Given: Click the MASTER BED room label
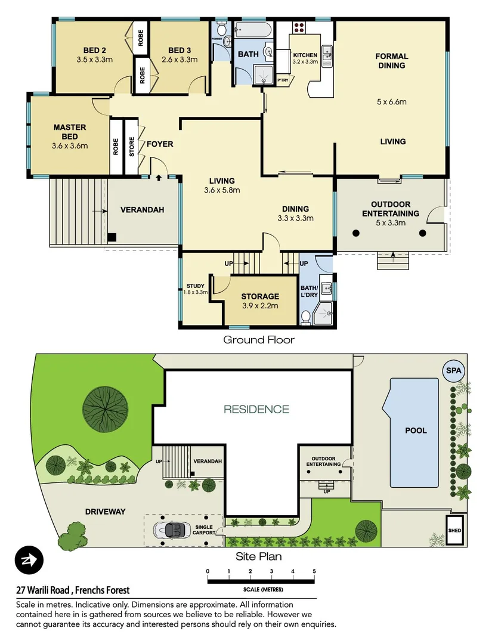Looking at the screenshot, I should [70, 127].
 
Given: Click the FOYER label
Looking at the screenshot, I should [160, 144].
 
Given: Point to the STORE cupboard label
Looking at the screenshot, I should [132, 147].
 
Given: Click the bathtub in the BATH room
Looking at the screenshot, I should [253, 30].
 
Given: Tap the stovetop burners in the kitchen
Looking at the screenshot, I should [298, 27].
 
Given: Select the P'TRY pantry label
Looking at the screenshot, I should [283, 80].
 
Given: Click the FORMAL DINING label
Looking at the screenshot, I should [391, 61].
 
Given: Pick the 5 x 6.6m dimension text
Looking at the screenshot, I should [391, 102].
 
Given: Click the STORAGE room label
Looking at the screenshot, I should [260, 296].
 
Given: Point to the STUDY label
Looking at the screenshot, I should [195, 286].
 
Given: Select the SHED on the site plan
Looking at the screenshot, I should [457, 530].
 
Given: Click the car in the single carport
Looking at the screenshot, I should [171, 529].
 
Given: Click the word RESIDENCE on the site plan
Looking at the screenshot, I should [256, 410].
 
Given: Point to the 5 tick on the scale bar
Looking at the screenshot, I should [314, 571].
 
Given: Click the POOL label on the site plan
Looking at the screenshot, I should [416, 430].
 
